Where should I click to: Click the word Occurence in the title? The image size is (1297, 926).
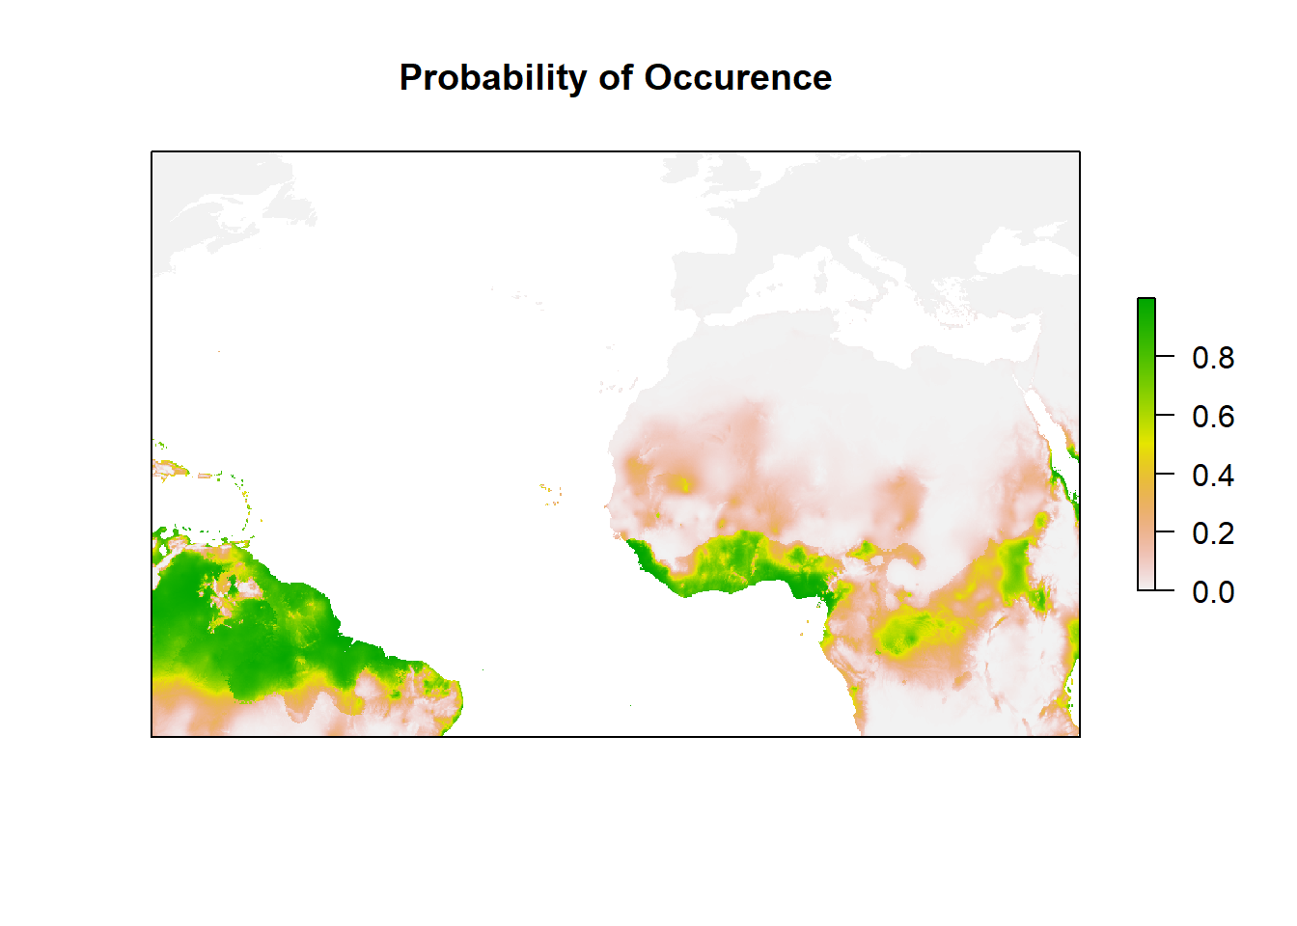tap(737, 78)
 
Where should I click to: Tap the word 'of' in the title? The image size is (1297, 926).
tap(615, 78)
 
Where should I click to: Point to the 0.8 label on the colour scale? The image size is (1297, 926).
tap(1212, 358)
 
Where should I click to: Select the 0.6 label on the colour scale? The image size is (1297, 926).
tap(1212, 417)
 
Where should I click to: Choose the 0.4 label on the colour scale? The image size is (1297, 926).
tap(1212, 476)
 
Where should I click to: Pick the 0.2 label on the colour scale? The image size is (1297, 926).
tap(1212, 533)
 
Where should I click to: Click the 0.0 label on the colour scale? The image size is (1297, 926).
tap(1212, 592)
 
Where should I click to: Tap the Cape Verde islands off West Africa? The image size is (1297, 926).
tap(551, 494)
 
